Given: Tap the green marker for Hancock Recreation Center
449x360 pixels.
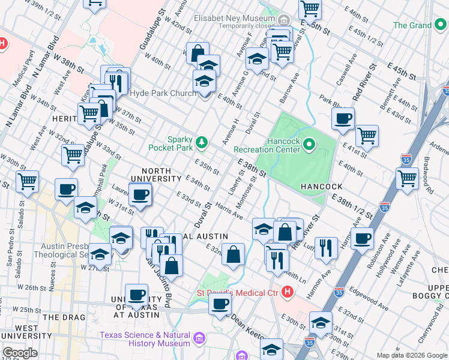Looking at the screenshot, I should (309, 144).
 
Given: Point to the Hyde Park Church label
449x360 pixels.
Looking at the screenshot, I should (162, 93).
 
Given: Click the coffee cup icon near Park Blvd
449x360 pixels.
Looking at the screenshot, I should (343, 119).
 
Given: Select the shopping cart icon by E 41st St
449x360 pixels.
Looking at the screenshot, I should (366, 136).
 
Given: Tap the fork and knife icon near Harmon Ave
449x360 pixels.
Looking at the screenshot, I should (326, 247).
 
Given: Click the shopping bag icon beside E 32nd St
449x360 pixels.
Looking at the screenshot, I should (233, 254).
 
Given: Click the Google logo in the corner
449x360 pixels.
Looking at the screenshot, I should (20, 353).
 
